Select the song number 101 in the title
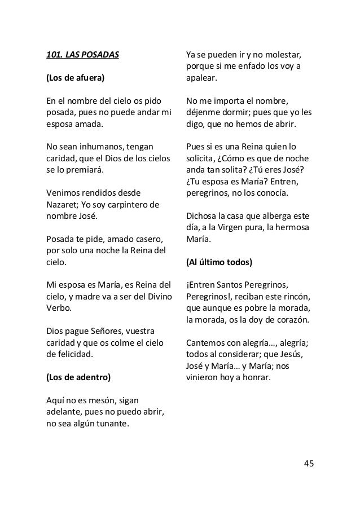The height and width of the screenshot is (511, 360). (x=54, y=56)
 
